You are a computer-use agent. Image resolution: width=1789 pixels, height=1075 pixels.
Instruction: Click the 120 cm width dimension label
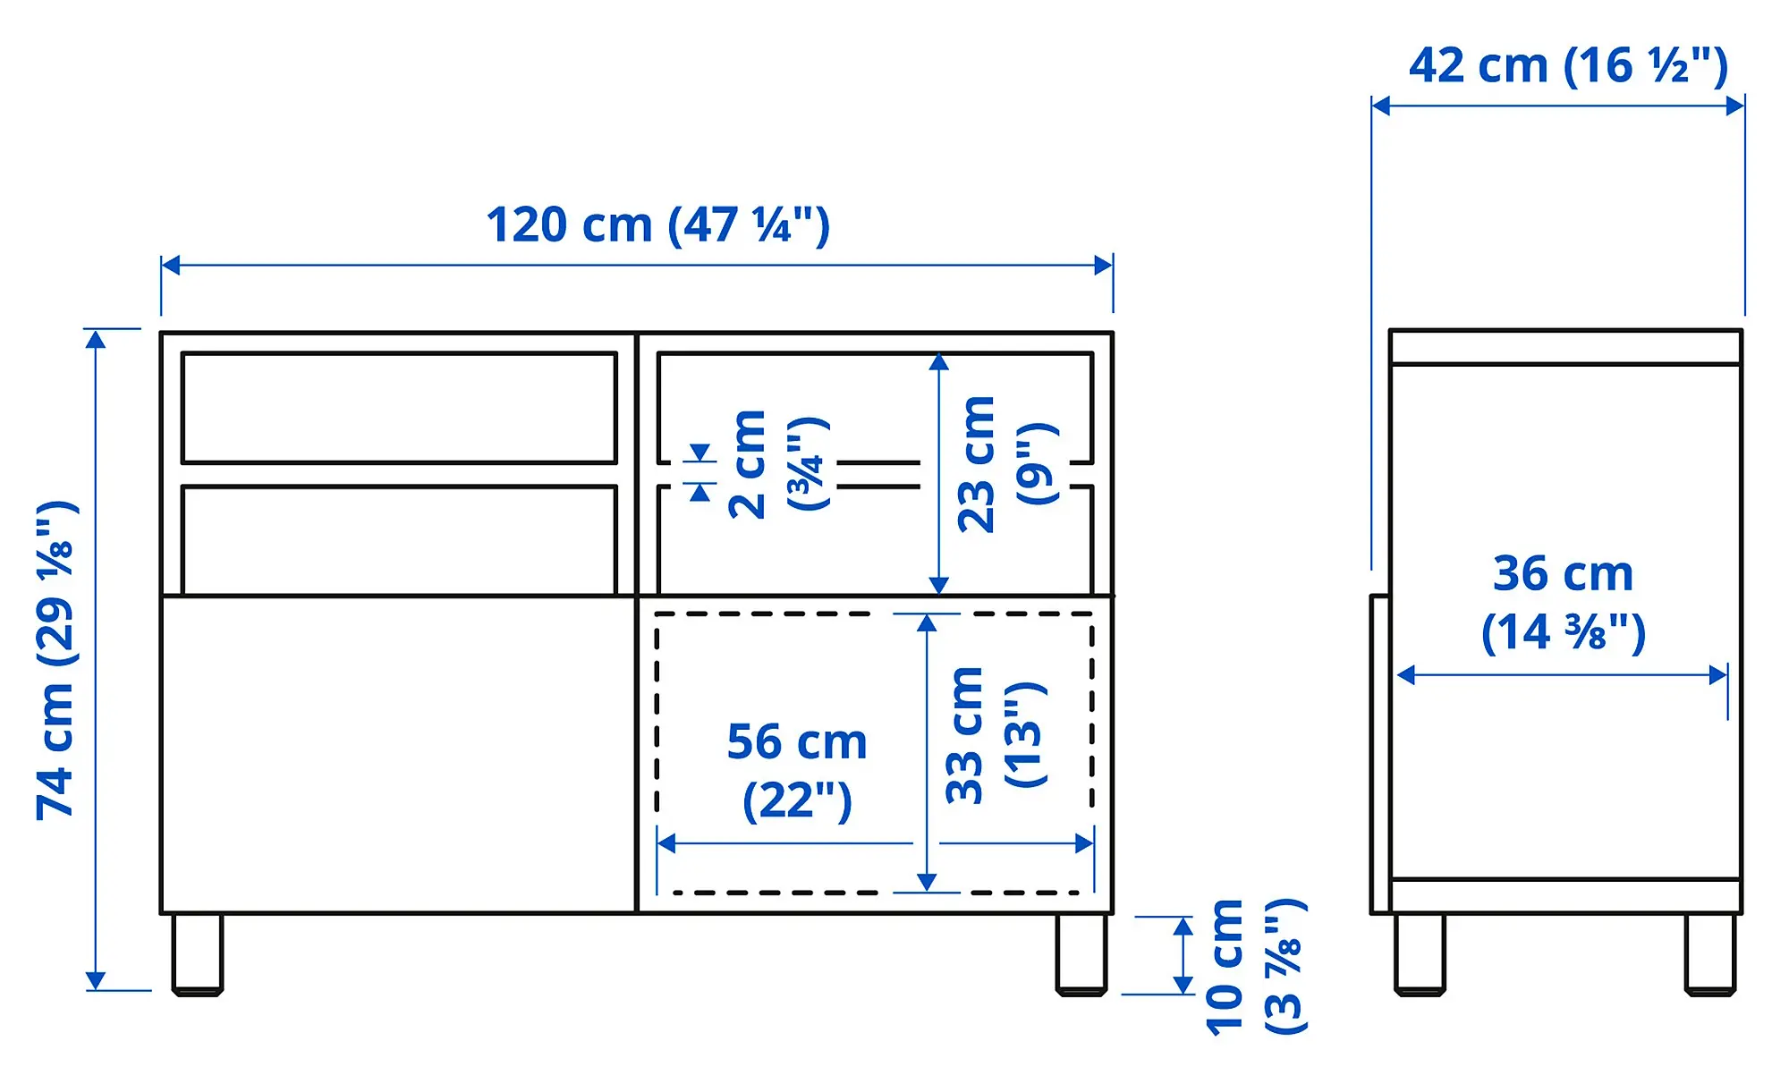click(x=657, y=225)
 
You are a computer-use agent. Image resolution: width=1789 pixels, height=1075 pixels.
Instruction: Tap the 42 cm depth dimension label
click(x=1567, y=66)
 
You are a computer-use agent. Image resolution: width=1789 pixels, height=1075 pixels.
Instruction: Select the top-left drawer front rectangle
click(x=399, y=408)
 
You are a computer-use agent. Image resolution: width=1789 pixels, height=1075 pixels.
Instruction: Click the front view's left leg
click(x=197, y=953)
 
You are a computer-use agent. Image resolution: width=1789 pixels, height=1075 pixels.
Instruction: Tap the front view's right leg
click(x=1081, y=953)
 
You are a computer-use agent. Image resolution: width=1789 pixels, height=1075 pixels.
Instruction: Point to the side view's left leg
click(x=1420, y=953)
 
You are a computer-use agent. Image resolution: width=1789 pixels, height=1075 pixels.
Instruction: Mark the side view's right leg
click(x=1709, y=953)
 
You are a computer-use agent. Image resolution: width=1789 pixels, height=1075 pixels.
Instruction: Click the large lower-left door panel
click(x=398, y=754)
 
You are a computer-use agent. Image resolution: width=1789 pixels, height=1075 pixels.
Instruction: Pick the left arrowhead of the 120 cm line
click(x=170, y=266)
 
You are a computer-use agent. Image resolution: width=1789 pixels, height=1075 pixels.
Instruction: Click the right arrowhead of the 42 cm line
click(x=1735, y=106)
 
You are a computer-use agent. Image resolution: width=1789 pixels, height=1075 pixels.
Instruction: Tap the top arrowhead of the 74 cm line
click(x=96, y=338)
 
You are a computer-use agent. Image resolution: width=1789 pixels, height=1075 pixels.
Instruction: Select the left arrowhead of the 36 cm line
click(x=1405, y=675)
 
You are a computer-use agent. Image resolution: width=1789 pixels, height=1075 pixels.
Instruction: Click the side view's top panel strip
click(x=1565, y=347)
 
